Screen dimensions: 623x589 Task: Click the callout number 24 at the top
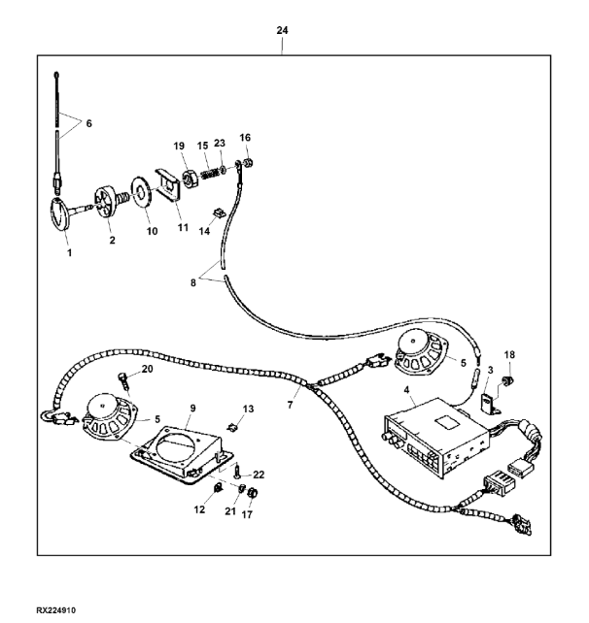point(282,30)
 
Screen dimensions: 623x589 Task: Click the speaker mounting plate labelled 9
point(182,454)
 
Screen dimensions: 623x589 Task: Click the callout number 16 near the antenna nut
point(246,138)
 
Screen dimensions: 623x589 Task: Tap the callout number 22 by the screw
point(259,474)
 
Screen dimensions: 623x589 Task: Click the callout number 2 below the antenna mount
point(112,238)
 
